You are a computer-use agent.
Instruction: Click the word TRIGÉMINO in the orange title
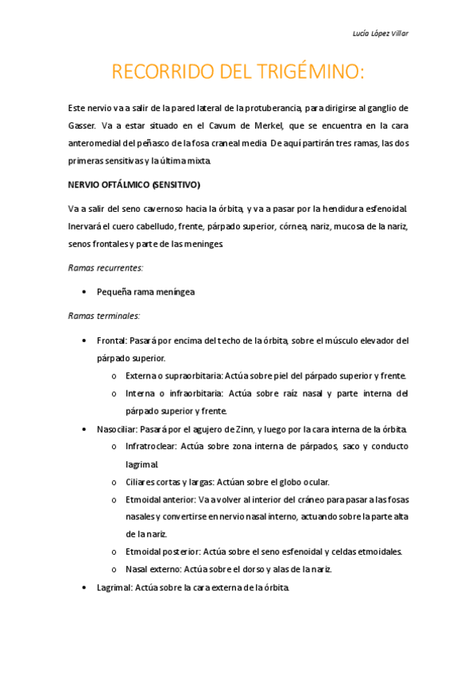coord(307,72)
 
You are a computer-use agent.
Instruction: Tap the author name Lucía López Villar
coord(381,33)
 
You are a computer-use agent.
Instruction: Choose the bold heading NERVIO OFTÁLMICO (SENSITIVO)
coord(135,185)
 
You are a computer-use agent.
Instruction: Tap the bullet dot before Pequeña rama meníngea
coord(84,292)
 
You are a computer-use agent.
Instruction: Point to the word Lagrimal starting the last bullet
coord(114,588)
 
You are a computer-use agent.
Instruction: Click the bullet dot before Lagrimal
coord(84,588)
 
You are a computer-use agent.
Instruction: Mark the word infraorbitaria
coord(190,393)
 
